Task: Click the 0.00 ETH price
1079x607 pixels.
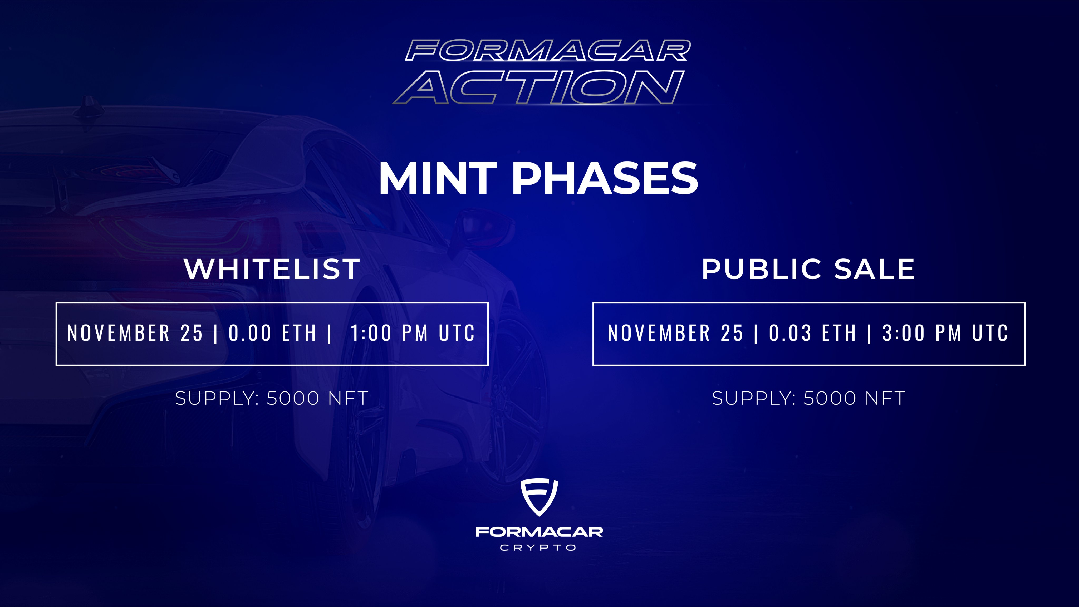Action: pyautogui.click(x=272, y=333)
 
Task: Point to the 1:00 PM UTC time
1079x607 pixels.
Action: pyautogui.click(x=413, y=333)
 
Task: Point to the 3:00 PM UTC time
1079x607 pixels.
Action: pyautogui.click(x=945, y=333)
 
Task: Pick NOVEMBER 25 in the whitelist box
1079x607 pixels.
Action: pyautogui.click(x=135, y=333)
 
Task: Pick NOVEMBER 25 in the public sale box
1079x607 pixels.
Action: pyautogui.click(x=675, y=333)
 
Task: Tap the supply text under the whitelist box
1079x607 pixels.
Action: pyautogui.click(x=272, y=398)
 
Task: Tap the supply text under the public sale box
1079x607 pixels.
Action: pyautogui.click(x=808, y=398)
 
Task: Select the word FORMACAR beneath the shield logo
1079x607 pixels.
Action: pyautogui.click(x=539, y=532)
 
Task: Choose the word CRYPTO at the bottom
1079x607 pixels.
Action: pyautogui.click(x=538, y=547)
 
